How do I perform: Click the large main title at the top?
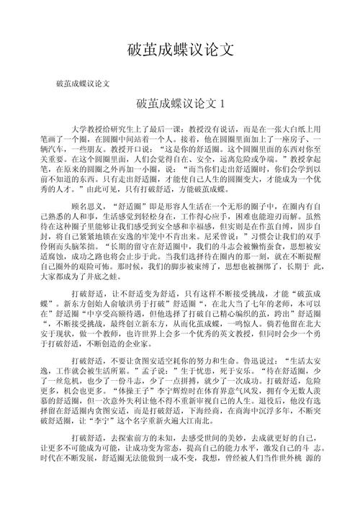[180, 49]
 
